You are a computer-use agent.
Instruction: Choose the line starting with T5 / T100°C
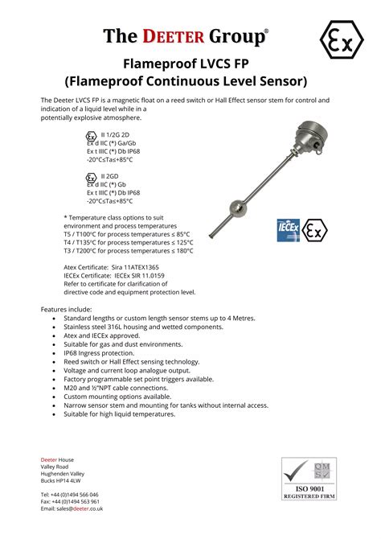pyautogui.click(x=128, y=234)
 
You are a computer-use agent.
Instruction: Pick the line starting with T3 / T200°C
pyautogui.click(x=128, y=250)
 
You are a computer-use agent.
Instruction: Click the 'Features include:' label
pyautogui.click(x=67, y=309)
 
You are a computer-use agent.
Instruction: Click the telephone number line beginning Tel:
pyautogui.click(x=70, y=495)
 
